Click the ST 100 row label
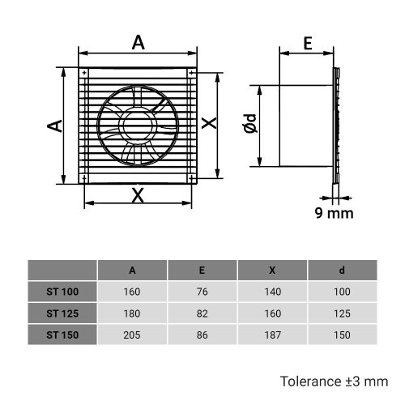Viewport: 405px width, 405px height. pyautogui.click(x=62, y=291)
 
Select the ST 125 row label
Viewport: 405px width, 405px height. pyautogui.click(x=62, y=312)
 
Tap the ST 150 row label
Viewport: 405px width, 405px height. pyautogui.click(x=62, y=333)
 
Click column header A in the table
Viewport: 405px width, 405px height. pyautogui.click(x=132, y=270)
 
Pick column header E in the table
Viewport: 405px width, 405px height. pyautogui.click(x=202, y=270)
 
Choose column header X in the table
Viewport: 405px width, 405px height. pyautogui.click(x=271, y=270)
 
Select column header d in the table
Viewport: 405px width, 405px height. pyautogui.click(x=342, y=270)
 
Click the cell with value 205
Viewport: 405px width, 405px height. pyautogui.click(x=132, y=333)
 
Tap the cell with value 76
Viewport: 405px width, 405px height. pyautogui.click(x=202, y=291)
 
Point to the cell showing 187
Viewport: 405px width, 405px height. pyautogui.click(x=271, y=333)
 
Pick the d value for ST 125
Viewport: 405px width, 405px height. pyautogui.click(x=342, y=312)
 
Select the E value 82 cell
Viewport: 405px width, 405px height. pyautogui.click(x=202, y=312)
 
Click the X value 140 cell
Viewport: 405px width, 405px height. pyautogui.click(x=271, y=291)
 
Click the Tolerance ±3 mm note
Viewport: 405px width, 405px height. pyautogui.click(x=334, y=380)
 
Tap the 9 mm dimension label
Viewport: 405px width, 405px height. pyautogui.click(x=334, y=213)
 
